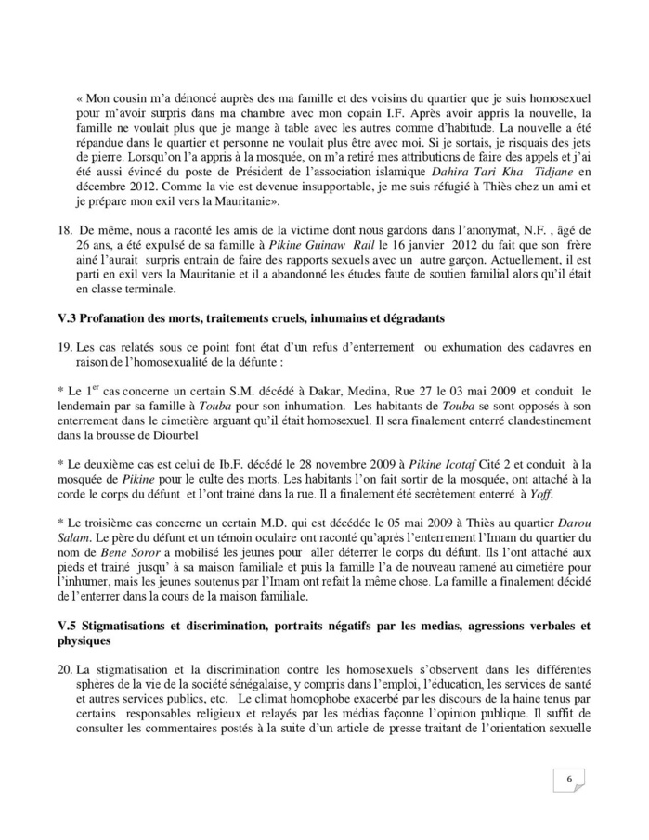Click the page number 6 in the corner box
click(x=568, y=779)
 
